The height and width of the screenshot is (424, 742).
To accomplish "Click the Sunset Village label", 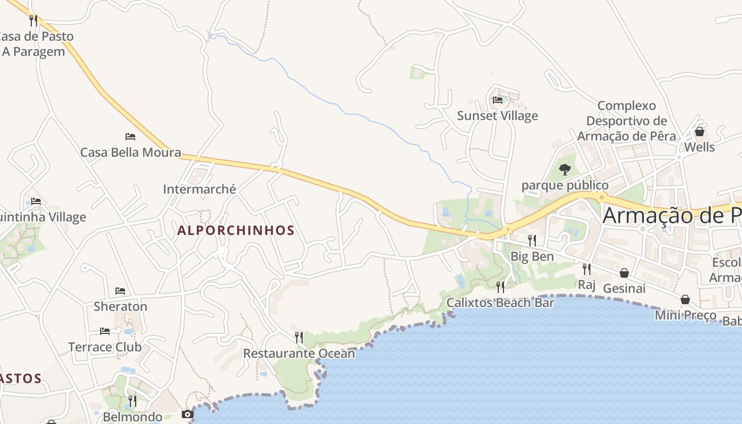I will [497, 116].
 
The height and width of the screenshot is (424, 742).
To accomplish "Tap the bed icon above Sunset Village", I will [497, 99].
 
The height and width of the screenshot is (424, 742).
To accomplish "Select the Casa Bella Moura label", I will [130, 153].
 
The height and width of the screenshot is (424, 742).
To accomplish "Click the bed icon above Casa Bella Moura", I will [130, 137].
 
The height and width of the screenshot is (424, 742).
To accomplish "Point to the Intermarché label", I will [199, 189].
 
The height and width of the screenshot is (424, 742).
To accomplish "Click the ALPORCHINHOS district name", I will [235, 231].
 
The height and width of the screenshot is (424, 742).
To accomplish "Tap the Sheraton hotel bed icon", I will [120, 291].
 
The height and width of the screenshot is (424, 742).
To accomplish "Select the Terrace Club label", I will [105, 347].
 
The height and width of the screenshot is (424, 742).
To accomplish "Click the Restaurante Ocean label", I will [299, 353].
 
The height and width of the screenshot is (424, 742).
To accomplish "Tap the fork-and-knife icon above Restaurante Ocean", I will [299, 337].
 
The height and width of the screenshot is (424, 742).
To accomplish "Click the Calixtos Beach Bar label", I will [500, 303].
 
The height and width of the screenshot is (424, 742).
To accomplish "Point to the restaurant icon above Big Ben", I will [532, 240].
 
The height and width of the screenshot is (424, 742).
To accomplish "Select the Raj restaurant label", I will [587, 285].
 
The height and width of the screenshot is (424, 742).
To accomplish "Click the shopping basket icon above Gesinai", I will [624, 272].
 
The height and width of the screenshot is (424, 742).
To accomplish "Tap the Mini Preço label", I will [685, 315].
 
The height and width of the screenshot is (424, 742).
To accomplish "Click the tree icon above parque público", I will [565, 170].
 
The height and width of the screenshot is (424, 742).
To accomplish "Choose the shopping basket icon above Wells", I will [699, 131].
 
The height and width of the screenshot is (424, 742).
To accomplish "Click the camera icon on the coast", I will [188, 414].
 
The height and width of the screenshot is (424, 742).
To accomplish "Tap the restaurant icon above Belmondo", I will [132, 401].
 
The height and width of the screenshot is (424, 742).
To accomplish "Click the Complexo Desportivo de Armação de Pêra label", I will [626, 121].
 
